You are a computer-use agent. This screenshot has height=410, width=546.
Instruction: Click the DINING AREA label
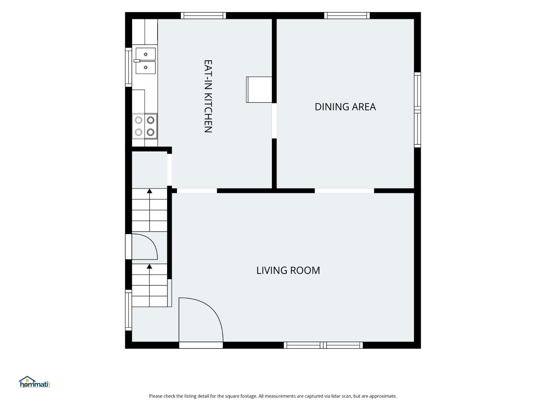point(345,107)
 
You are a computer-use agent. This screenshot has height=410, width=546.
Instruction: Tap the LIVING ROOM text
point(288,270)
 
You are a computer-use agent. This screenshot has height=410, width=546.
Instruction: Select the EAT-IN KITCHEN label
point(208,96)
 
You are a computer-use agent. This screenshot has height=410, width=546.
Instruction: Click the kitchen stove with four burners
point(145,126)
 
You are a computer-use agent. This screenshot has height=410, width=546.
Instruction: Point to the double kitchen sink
point(146,61)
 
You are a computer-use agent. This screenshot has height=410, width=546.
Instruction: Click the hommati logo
point(35,382)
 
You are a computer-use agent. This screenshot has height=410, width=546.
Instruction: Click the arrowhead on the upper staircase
point(150,191)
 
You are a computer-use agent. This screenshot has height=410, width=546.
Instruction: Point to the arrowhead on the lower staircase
point(150,267)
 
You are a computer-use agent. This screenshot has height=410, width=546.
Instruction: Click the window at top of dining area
point(347,15)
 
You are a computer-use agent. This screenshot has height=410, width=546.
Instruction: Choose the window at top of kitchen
point(203,15)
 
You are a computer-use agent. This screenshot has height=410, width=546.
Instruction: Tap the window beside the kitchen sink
point(128,67)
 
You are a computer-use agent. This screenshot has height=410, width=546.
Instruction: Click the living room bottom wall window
point(323,345)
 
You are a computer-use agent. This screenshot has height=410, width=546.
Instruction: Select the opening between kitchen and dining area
point(274,121)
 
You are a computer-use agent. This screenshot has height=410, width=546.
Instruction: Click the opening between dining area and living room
point(344,191)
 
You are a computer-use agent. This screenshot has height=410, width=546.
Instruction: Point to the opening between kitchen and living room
point(197,191)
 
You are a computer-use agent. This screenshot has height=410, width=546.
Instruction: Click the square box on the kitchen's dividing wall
point(259,90)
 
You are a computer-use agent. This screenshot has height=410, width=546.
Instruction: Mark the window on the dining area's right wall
point(418,110)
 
